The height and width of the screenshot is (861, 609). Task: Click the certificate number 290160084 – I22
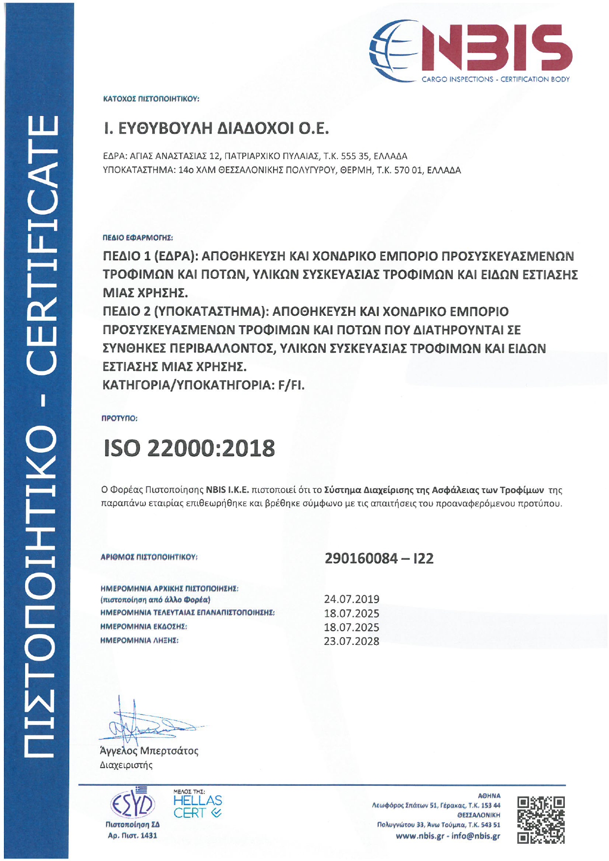coord(379,558)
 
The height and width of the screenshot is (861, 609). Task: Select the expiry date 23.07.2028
coord(351,641)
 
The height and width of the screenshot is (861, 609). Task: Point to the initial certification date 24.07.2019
coord(351,599)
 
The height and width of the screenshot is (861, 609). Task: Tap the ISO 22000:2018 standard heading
coord(189,448)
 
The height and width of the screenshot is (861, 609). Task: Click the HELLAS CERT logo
coord(197,807)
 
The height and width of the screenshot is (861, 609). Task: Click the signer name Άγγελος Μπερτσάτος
coord(149,751)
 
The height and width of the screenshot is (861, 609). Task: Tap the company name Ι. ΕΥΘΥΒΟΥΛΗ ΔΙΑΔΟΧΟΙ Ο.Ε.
coord(216,129)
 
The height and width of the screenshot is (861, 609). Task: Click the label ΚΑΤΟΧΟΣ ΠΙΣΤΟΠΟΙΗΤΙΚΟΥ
coord(151,99)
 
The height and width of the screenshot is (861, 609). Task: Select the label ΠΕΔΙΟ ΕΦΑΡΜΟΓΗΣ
coord(138,238)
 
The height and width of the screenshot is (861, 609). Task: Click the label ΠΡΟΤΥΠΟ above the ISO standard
coord(119,418)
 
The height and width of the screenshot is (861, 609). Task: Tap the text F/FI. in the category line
coord(291,385)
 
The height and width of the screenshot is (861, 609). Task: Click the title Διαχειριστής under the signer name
coord(126,765)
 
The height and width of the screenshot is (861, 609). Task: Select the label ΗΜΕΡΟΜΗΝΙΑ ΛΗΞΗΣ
coord(139,640)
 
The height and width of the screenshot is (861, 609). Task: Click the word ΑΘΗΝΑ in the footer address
coord(489,796)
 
